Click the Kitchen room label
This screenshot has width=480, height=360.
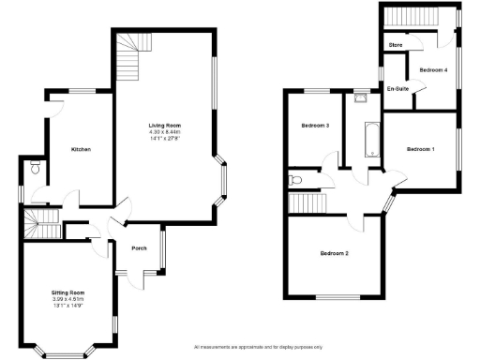point(81,150)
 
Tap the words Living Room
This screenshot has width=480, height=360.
point(164,125)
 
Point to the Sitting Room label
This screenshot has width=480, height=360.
point(67,293)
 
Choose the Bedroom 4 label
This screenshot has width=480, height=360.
point(433,70)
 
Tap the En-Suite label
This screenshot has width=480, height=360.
point(397,89)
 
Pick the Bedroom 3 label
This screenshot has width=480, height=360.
point(315,126)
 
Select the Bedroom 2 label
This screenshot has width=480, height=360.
point(334,254)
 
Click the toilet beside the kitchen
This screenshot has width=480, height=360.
point(36,169)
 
